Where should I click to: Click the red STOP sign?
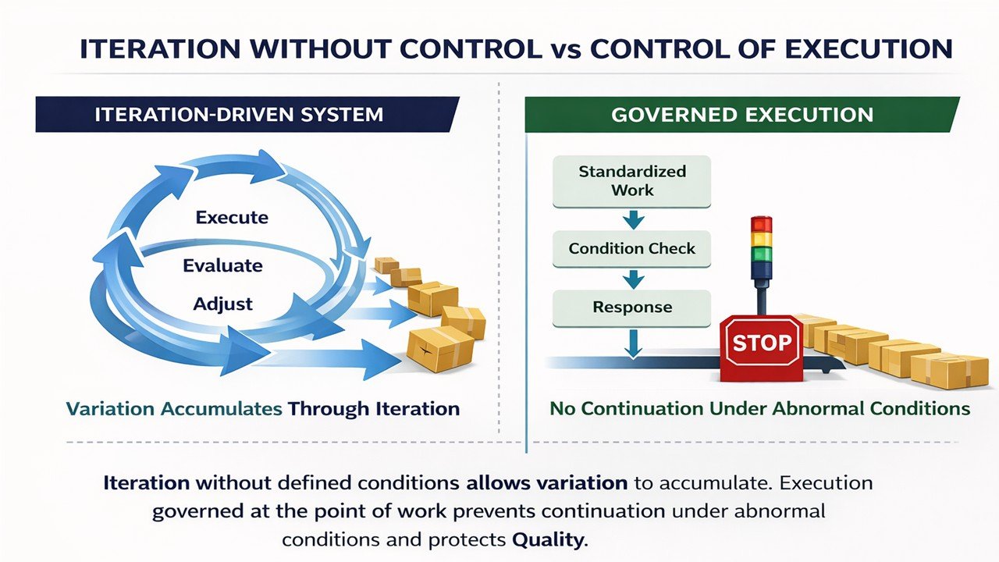(761, 343)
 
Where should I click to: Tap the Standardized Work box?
(632, 181)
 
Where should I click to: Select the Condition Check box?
(632, 249)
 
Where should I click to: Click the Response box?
(632, 307)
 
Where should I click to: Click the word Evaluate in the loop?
(222, 265)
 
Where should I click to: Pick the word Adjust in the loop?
(222, 304)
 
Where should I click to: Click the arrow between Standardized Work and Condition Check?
(633, 220)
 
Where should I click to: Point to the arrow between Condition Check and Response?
(633, 278)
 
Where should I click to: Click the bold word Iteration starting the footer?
(146, 482)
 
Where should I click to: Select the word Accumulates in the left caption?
(226, 408)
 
